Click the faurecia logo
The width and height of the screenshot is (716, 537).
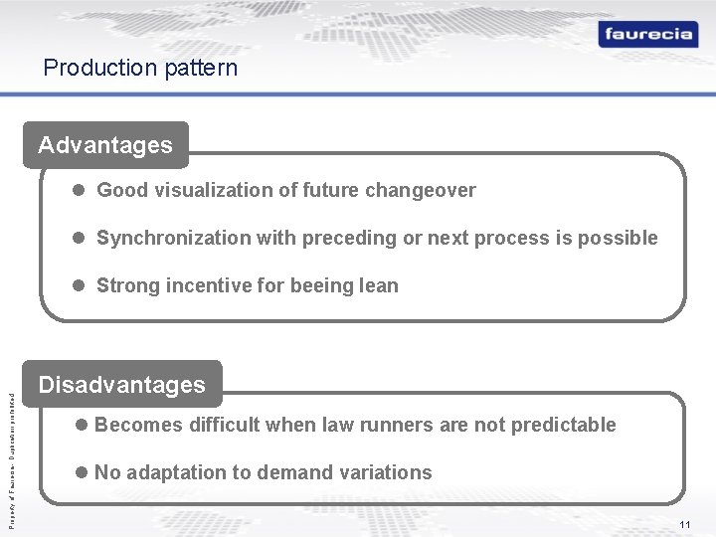tap(647, 34)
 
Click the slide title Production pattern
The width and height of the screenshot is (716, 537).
tap(140, 68)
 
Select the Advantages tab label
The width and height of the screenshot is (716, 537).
tap(105, 145)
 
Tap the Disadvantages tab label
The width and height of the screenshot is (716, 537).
tap(121, 385)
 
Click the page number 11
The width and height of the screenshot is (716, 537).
tap(685, 524)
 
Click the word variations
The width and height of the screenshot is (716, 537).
tap(389, 472)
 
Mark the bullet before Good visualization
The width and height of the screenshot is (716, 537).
tap(78, 190)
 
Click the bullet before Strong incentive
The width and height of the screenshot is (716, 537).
tap(78, 285)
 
